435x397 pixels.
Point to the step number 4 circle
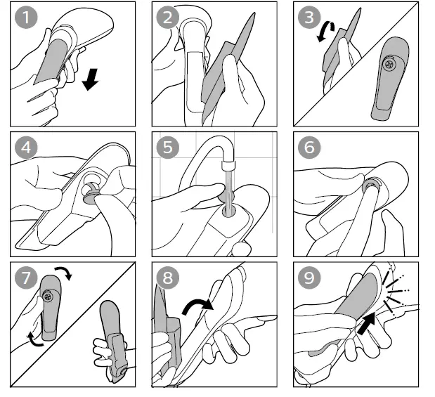coord(27,148)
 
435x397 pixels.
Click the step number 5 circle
coord(168,148)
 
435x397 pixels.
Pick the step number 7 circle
coord(27,278)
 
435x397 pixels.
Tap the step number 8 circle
coord(168,278)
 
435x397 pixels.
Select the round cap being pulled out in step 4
coord(91,193)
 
